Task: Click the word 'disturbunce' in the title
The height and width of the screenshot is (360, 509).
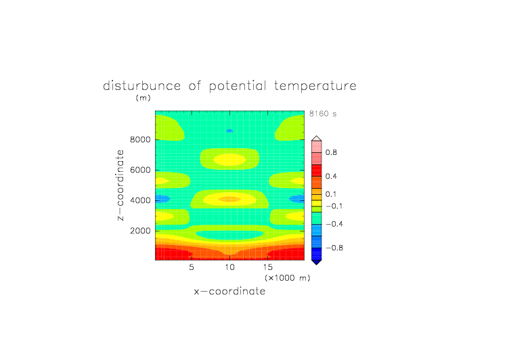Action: click(x=142, y=86)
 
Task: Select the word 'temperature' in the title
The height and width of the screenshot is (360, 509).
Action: click(x=315, y=86)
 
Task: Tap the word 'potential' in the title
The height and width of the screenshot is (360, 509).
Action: click(x=238, y=87)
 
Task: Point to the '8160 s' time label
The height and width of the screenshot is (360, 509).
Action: click(x=323, y=114)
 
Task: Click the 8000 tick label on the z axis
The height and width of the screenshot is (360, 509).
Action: click(x=140, y=139)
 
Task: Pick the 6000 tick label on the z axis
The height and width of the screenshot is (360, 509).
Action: click(x=140, y=170)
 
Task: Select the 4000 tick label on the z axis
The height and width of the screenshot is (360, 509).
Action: click(x=140, y=200)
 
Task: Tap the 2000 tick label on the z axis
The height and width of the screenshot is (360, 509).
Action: click(x=140, y=231)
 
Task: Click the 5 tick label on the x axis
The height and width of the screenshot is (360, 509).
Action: click(x=192, y=267)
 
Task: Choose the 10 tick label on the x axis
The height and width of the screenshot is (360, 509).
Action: click(x=230, y=267)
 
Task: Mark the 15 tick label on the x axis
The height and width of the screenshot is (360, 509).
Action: click(x=268, y=267)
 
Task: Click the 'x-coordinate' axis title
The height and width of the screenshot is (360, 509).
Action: click(x=229, y=291)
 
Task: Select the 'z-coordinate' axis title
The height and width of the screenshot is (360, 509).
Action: click(x=120, y=185)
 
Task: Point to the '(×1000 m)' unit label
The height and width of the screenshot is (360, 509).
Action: click(x=287, y=278)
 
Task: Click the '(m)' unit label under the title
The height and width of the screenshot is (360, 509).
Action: click(x=143, y=97)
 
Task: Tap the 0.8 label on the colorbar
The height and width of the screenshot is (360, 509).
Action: click(x=331, y=152)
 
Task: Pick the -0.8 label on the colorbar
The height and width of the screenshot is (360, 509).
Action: click(x=334, y=248)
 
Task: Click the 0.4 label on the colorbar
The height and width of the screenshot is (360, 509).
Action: click(x=331, y=176)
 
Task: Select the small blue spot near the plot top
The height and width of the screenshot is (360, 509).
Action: click(x=229, y=131)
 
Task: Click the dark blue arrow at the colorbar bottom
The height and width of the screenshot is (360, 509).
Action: click(x=317, y=262)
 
